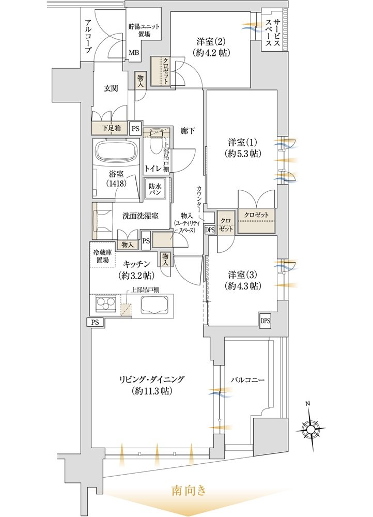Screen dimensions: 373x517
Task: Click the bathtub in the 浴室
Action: pyautogui.click(x=115, y=153)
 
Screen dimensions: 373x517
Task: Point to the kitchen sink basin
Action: pyautogui.click(x=154, y=306)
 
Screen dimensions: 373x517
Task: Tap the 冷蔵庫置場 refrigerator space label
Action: pyautogui.click(x=103, y=257)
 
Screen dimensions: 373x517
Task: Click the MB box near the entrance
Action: pyautogui.click(x=134, y=52)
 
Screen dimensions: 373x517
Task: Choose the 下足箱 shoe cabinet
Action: pyautogui.click(x=110, y=128)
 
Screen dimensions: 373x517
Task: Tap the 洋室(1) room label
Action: pyautogui.click(x=242, y=148)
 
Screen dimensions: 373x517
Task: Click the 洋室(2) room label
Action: pyautogui.click(x=211, y=47)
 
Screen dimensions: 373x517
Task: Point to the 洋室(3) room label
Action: pyautogui.click(x=242, y=280)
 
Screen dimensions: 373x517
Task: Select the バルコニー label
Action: pyautogui.click(x=247, y=380)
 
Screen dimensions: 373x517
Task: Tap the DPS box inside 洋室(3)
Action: pyautogui.click(x=265, y=321)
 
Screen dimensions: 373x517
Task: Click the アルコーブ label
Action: pyautogui.click(x=88, y=37)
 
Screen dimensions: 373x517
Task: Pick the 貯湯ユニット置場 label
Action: pyautogui.click(x=144, y=31)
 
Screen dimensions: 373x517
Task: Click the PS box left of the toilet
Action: pyautogui.click(x=135, y=129)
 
